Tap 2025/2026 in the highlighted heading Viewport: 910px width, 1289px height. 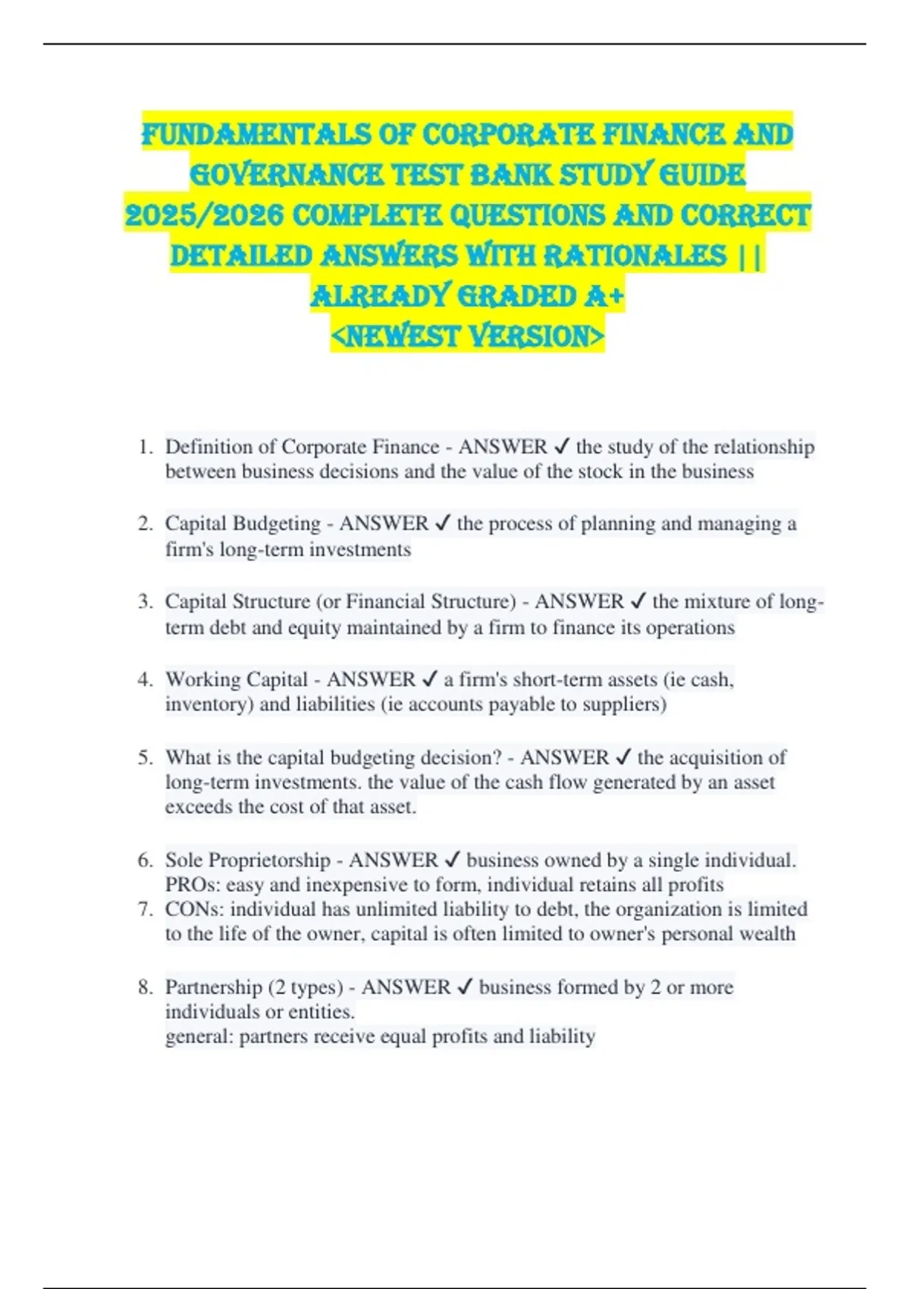click(204, 215)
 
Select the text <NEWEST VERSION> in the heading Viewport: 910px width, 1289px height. click(467, 336)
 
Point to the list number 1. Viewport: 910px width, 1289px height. click(144, 447)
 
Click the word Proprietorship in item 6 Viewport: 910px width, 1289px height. click(269, 861)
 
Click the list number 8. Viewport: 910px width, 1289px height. click(144, 987)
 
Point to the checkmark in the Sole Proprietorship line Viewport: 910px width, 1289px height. click(452, 861)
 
